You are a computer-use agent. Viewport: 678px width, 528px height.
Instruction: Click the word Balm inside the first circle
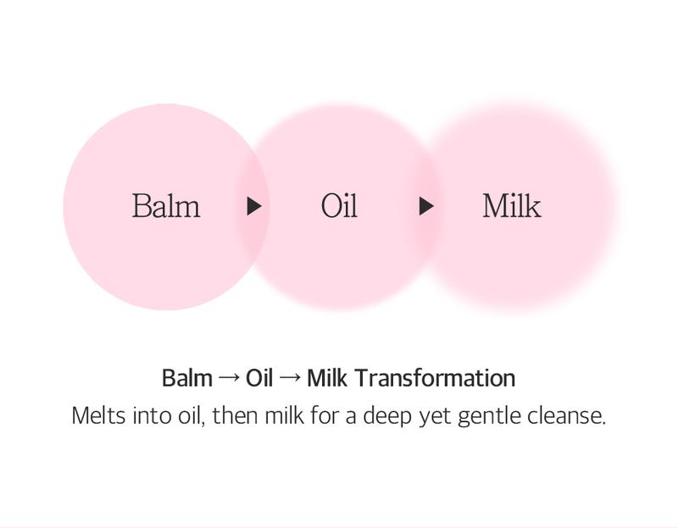click(166, 206)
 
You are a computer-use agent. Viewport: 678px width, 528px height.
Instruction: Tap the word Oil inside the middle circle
click(339, 206)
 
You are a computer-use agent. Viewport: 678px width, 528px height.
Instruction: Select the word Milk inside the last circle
click(512, 206)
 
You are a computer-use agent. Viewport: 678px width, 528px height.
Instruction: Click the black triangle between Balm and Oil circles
click(253, 206)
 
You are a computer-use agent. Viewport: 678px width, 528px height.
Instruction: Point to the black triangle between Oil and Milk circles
click(426, 206)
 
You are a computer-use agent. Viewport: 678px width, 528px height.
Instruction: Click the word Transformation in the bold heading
click(435, 378)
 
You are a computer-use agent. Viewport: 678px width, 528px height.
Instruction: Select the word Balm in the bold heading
click(187, 378)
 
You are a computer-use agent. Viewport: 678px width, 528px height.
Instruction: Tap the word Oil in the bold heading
click(259, 378)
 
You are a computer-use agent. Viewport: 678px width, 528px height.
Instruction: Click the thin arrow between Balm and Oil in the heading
click(229, 378)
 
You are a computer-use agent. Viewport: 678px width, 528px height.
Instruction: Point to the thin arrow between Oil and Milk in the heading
click(290, 378)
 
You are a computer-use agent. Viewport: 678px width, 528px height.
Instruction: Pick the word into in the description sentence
click(153, 416)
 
